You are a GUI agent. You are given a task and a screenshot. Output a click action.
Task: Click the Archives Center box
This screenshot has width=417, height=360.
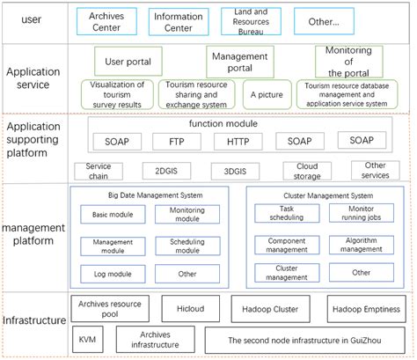click(107, 21)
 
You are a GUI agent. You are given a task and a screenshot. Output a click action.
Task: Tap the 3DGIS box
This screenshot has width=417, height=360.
click(235, 170)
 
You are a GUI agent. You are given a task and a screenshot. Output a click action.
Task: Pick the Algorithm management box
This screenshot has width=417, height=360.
click(361, 244)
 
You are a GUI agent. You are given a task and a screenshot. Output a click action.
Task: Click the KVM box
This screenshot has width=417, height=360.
click(86, 339)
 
